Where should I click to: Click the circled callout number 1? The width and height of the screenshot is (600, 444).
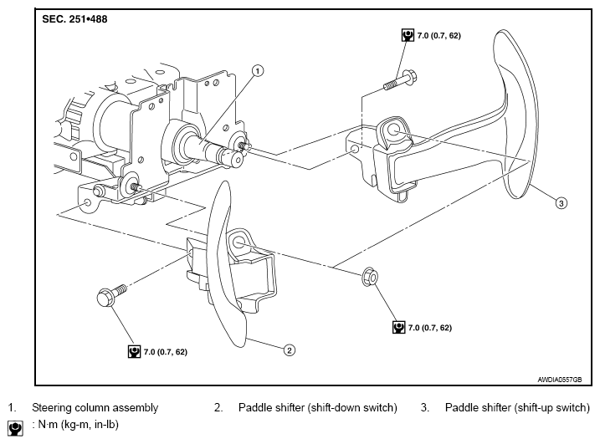pyautogui.click(x=258, y=71)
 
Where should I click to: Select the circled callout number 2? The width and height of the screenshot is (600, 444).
pyautogui.click(x=290, y=350)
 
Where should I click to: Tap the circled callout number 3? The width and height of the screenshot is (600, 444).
pyautogui.click(x=561, y=203)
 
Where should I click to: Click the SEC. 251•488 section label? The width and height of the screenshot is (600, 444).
pyautogui.click(x=74, y=19)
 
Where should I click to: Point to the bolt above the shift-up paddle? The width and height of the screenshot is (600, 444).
pyautogui.click(x=400, y=81)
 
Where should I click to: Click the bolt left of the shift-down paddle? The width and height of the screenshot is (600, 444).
pyautogui.click(x=112, y=295)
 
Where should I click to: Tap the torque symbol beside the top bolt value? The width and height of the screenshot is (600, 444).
pyautogui.click(x=408, y=36)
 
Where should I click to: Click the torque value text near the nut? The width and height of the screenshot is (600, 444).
pyautogui.click(x=430, y=328)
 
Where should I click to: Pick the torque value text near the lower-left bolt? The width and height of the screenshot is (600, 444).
pyautogui.click(x=166, y=352)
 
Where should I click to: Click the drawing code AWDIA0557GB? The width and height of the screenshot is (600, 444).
pyautogui.click(x=560, y=380)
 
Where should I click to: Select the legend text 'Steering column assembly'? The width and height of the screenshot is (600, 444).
pyautogui.click(x=95, y=408)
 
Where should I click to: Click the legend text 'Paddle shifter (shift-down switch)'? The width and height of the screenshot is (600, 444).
pyautogui.click(x=318, y=408)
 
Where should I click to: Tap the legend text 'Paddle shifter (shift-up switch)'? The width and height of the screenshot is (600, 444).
pyautogui.click(x=517, y=408)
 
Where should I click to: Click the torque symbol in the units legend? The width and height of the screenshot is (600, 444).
pyautogui.click(x=15, y=429)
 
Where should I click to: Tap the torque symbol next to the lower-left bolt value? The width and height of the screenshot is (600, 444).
pyautogui.click(x=134, y=352)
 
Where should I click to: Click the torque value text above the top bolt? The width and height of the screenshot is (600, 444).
pyautogui.click(x=438, y=36)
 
